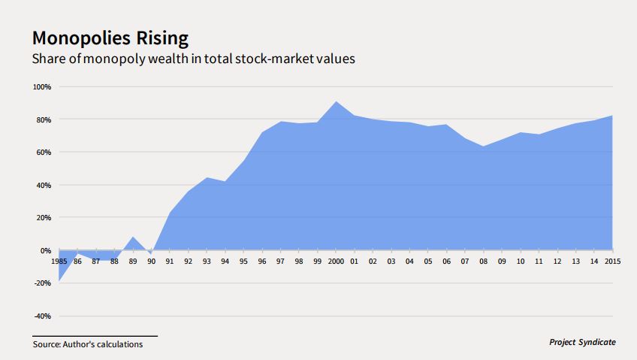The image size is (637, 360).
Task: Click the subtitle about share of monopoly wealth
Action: [193, 58]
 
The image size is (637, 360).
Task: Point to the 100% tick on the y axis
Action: [42, 87]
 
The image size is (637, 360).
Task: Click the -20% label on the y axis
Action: [41, 283]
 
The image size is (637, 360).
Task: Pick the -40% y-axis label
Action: [41, 316]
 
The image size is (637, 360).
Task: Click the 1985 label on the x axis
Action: [59, 262]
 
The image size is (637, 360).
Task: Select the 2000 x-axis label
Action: [336, 262]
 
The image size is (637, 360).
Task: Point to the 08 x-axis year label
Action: [484, 262]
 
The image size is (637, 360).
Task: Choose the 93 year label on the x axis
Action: [207, 262]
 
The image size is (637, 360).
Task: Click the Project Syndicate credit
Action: [582, 343]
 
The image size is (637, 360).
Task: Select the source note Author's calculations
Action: [87, 345]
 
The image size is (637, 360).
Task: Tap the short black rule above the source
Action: [95, 335]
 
